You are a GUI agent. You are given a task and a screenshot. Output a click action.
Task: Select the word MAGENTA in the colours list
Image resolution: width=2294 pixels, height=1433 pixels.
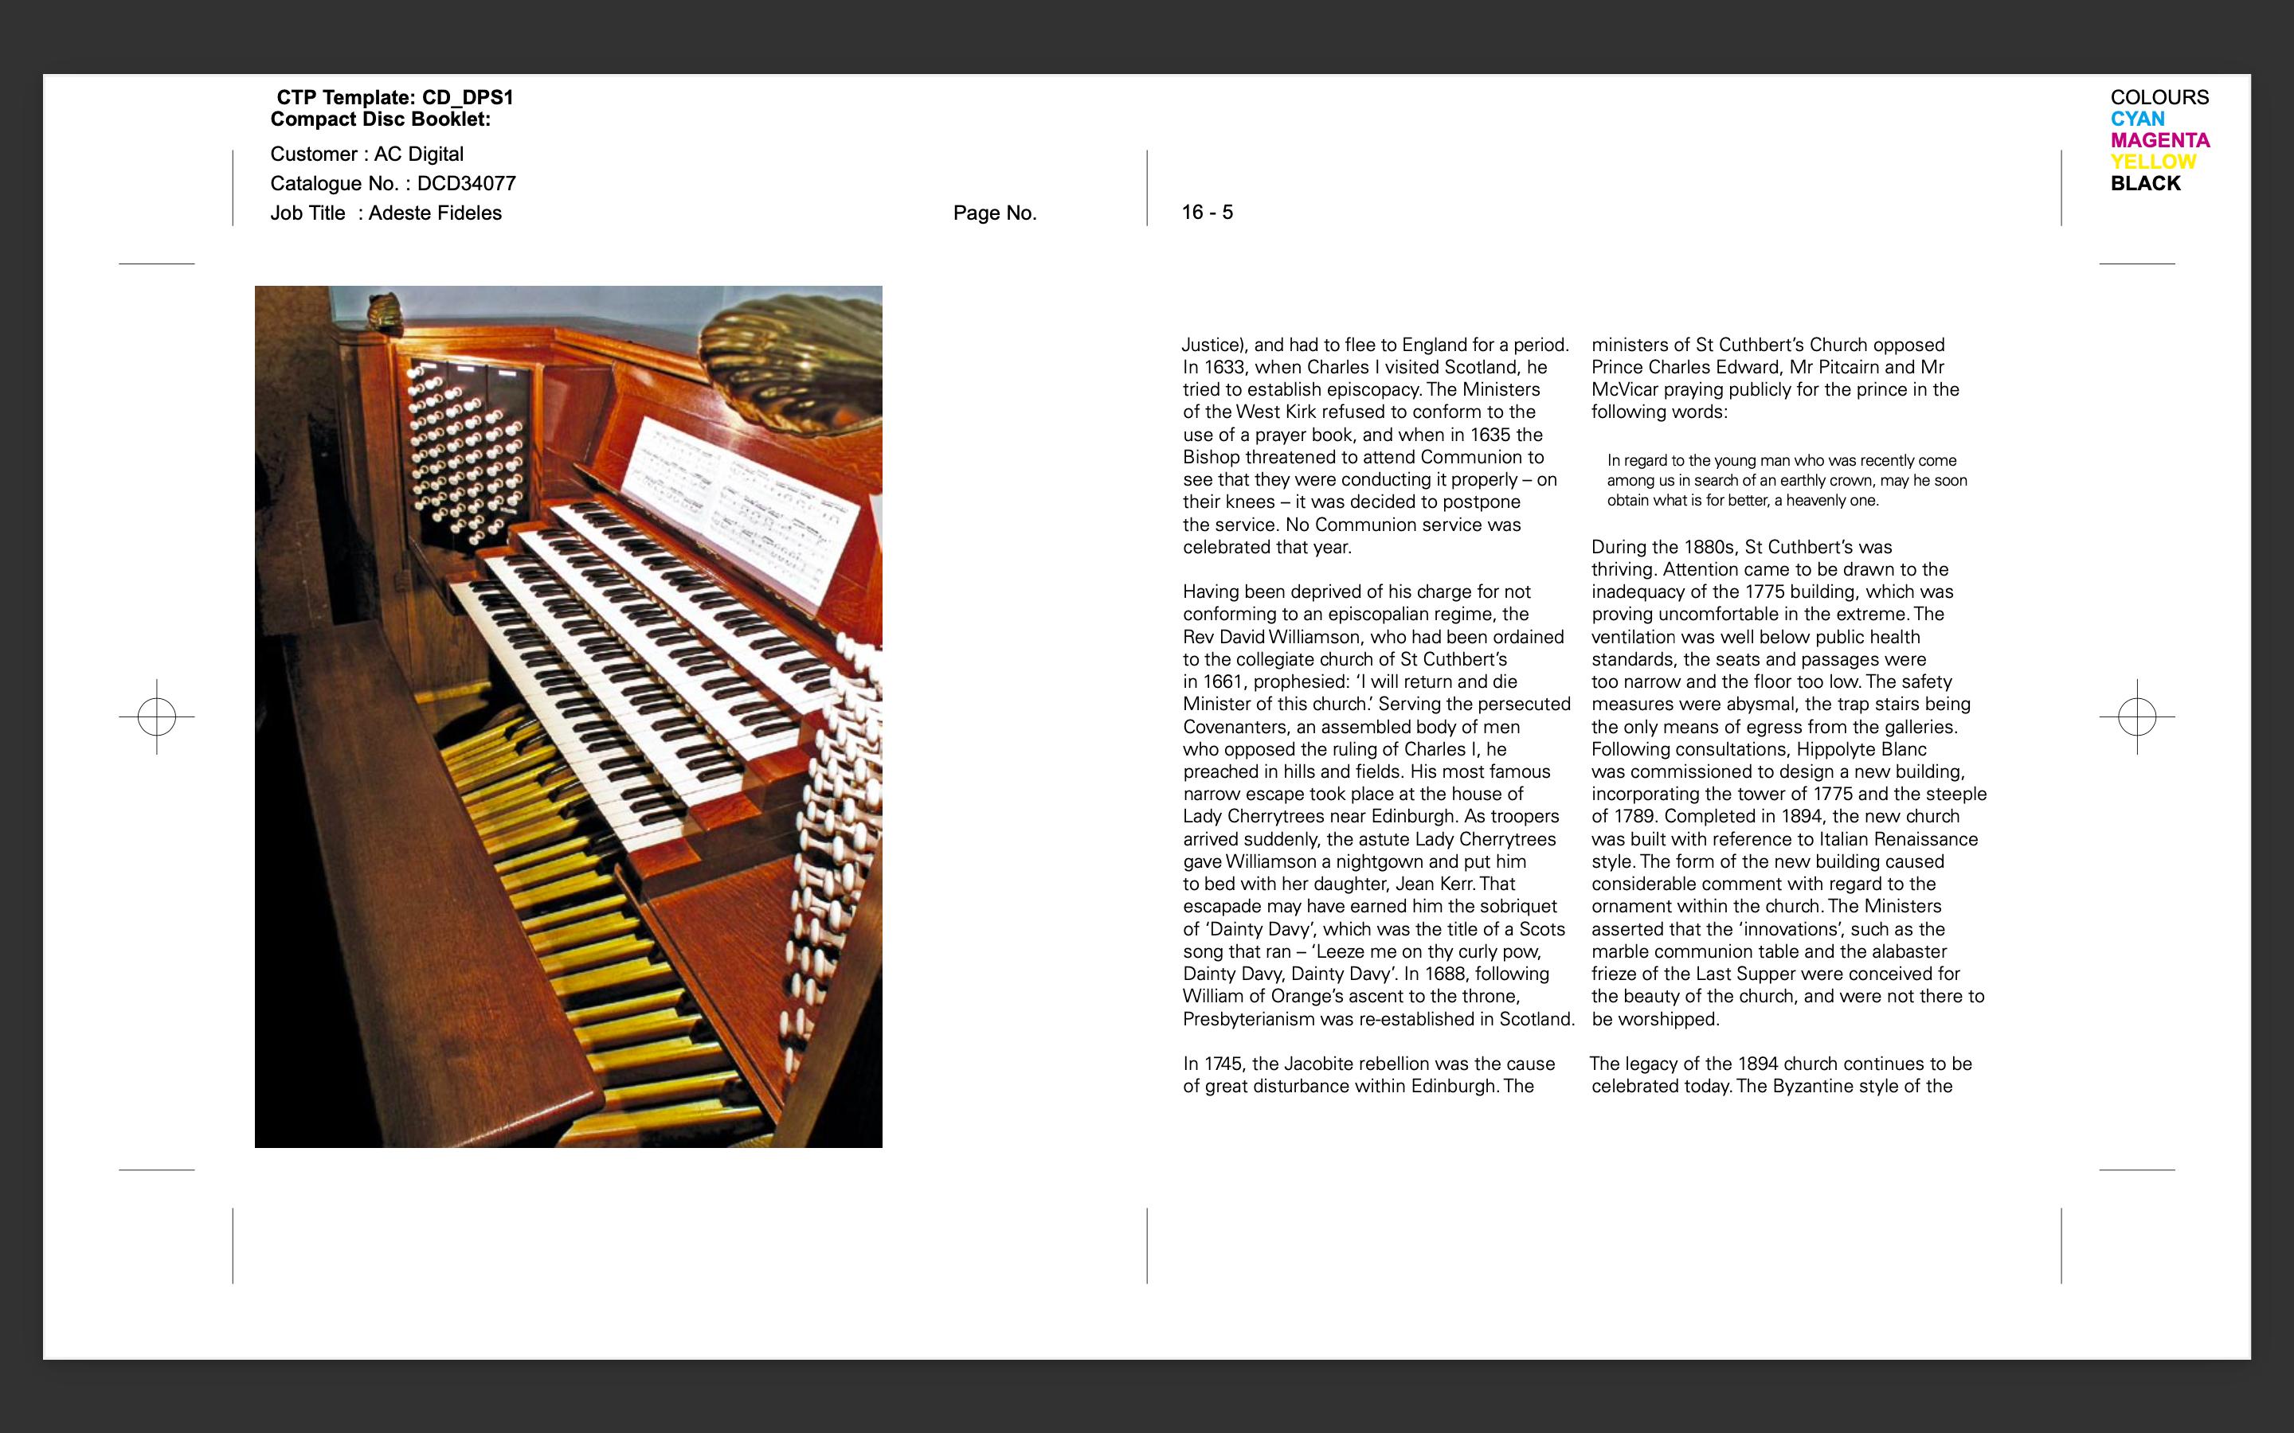click(x=2159, y=140)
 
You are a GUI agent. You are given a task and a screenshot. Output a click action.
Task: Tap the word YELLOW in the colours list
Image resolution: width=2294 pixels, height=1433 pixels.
click(x=2151, y=162)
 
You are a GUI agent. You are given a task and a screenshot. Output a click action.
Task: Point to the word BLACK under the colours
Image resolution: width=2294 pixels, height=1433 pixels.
click(x=2145, y=184)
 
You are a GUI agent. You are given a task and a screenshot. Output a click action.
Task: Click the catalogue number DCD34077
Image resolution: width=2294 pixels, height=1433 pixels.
click(x=467, y=184)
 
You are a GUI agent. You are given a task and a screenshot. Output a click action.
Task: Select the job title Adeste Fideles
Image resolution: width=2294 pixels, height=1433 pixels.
click(x=435, y=213)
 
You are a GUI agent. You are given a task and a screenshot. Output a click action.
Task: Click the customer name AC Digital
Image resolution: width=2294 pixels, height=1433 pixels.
click(x=419, y=154)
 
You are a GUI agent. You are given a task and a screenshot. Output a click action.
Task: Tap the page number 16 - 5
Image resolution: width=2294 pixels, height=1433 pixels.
click(x=1207, y=213)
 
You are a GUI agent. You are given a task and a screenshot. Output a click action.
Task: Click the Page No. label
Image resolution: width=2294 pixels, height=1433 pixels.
click(x=994, y=213)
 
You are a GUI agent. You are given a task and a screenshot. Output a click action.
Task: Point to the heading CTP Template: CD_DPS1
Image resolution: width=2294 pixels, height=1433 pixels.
click(x=394, y=96)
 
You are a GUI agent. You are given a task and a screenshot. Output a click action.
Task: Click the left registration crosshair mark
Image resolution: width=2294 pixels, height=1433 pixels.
click(x=156, y=716)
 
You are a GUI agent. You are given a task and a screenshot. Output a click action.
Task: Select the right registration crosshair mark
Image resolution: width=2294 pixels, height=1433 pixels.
click(x=2136, y=716)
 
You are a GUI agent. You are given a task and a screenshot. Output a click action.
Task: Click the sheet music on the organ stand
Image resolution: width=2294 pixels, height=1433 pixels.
click(x=739, y=502)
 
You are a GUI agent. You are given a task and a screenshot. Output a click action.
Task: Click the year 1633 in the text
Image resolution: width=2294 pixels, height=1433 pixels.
click(x=1225, y=368)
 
